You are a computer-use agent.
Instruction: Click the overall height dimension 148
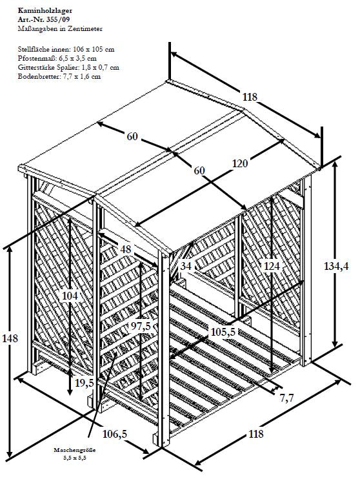[x=10, y=338]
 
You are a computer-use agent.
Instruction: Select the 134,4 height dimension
[x=336, y=266]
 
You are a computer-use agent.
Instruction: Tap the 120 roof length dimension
[x=240, y=163]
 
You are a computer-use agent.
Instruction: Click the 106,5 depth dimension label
[x=115, y=434]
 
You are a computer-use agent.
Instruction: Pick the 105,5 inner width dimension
[x=223, y=332]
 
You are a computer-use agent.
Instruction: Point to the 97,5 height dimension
[x=141, y=327]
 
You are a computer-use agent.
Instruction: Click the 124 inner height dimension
[x=272, y=266]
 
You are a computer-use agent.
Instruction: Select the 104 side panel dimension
[x=70, y=296]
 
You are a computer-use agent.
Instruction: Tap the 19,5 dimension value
[x=85, y=382]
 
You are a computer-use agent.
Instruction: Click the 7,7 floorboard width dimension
[x=287, y=398]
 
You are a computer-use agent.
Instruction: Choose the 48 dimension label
[x=125, y=249]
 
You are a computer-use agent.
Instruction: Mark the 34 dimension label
[x=186, y=266]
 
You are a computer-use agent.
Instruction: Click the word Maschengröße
[x=74, y=450]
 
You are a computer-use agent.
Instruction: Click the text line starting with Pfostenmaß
[x=57, y=58]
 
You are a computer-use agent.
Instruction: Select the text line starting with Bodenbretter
[x=59, y=76]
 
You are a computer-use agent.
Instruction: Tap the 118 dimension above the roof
[x=250, y=97]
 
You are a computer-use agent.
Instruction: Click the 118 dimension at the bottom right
[x=255, y=434]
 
